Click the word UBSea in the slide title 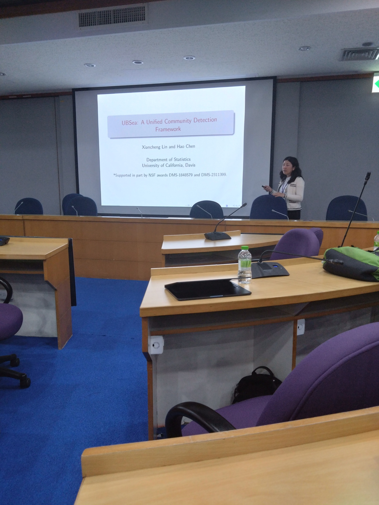coord(130,123)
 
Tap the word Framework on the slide coord(168,129)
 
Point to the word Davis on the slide coord(190,165)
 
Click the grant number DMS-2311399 coord(214,175)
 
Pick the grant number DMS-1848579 coord(181,175)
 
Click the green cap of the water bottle coord(245,248)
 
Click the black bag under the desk coord(256,385)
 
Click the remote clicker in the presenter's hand coord(264,187)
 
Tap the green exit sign coord(375,83)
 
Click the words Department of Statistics coord(168,159)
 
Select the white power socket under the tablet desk coord(156,345)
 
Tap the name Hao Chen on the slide coord(186,146)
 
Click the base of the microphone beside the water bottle coord(270,270)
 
